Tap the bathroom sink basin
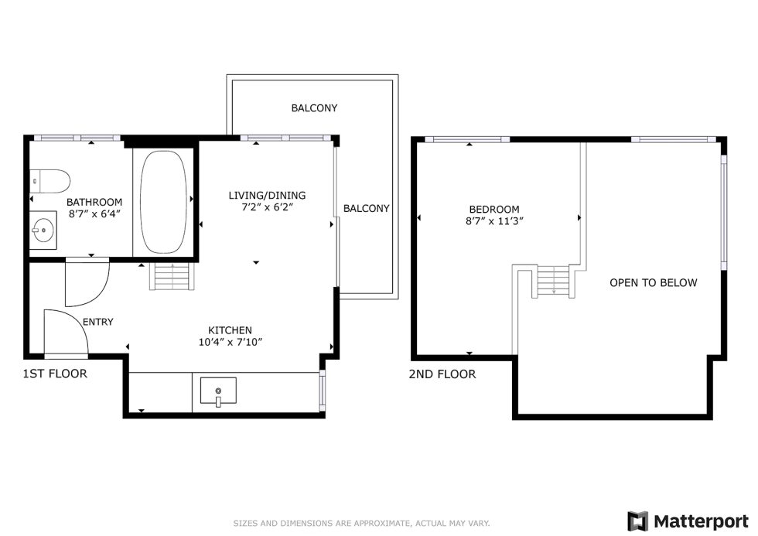tap(43, 230)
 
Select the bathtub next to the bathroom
tap(163, 202)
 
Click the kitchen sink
tap(218, 391)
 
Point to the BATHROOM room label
tap(94, 202)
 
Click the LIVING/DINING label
tap(267, 195)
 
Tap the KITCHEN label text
tap(230, 330)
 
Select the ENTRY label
tap(98, 322)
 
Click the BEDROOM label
tap(494, 210)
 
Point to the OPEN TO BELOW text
tap(654, 283)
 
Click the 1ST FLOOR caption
tap(55, 374)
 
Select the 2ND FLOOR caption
tap(442, 374)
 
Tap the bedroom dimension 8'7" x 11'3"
tap(494, 221)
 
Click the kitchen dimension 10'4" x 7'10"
tap(230, 342)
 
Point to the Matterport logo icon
tap(637, 521)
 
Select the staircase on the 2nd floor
tap(554, 282)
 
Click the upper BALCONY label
tap(314, 108)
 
